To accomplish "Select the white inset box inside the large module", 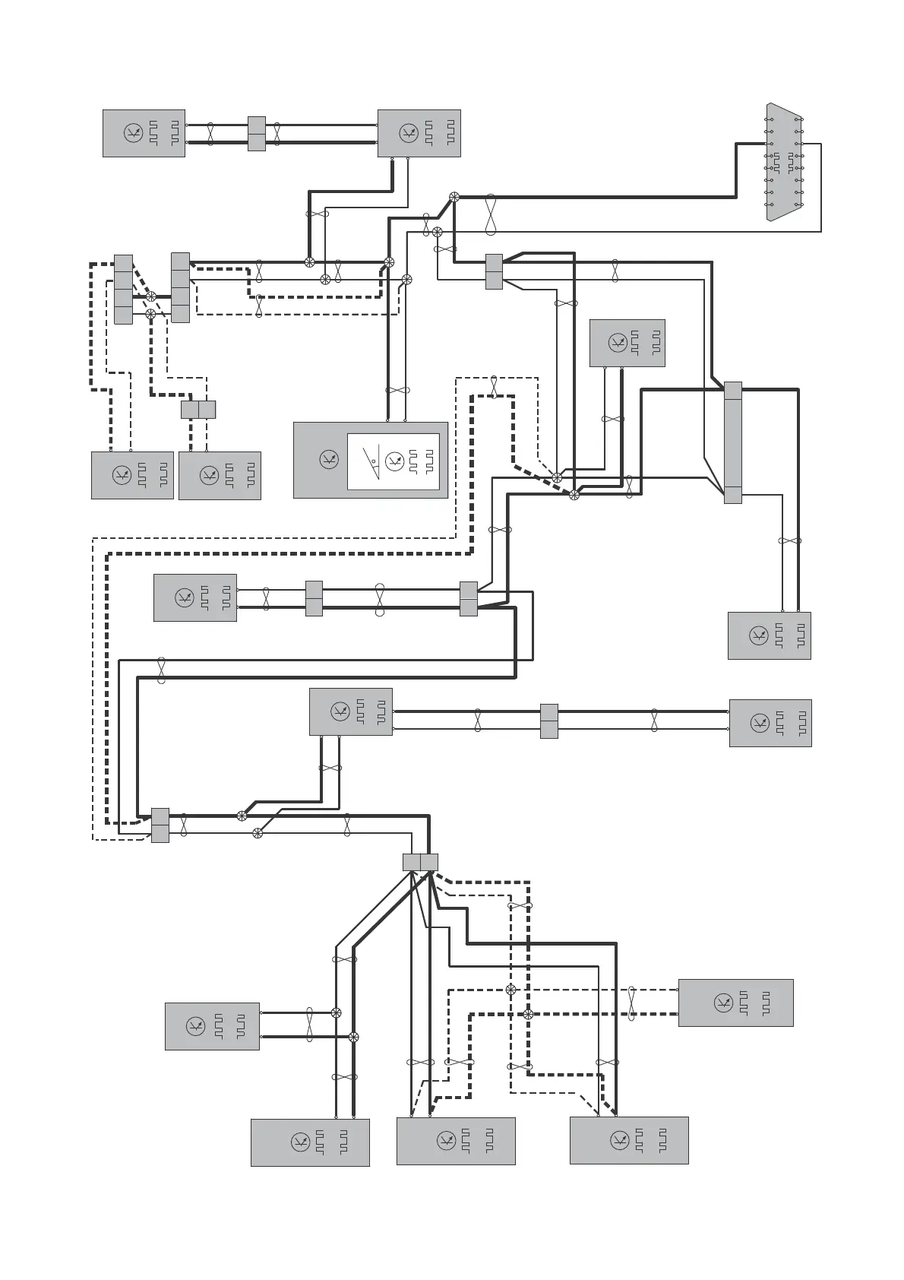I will pos(393,461).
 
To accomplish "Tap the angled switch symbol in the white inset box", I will pos(371,458).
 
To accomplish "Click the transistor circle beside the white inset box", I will pos(328,459).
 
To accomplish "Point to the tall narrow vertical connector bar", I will pos(732,442).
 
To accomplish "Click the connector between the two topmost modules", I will pos(257,134).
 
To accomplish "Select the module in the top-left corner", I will pos(144,134).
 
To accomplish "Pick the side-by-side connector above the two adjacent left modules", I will pos(198,409).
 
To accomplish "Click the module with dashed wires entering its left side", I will pos(735,1003).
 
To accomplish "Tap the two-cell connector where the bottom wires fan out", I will pos(420,862).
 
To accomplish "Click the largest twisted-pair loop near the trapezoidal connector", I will pos(491,214).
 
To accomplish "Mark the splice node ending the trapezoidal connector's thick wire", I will pos(454,197).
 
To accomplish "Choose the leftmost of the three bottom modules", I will pos(310,1142).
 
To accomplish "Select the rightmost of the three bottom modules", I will pos(629,1140).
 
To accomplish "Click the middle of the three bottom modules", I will pos(456,1141).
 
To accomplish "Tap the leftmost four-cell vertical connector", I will pos(123,289).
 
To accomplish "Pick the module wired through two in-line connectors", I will pos(194,597).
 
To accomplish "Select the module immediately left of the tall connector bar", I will pos(627,343).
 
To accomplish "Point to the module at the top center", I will pos(419,134).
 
